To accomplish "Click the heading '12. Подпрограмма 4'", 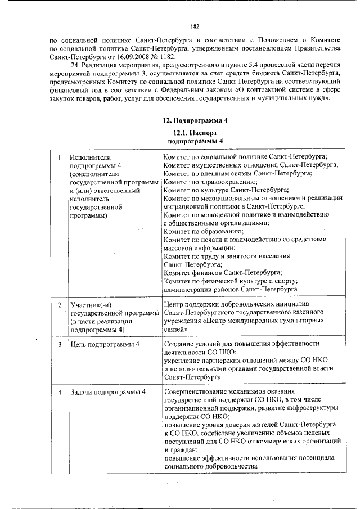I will (x=195, y=120).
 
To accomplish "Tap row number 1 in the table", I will (x=58, y=157).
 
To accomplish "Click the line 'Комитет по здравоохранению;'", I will (x=210, y=182).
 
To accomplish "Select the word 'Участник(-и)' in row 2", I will (x=89, y=305).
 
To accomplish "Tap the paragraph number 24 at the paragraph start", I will (x=73, y=66).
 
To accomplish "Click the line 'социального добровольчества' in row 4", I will (x=211, y=466).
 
